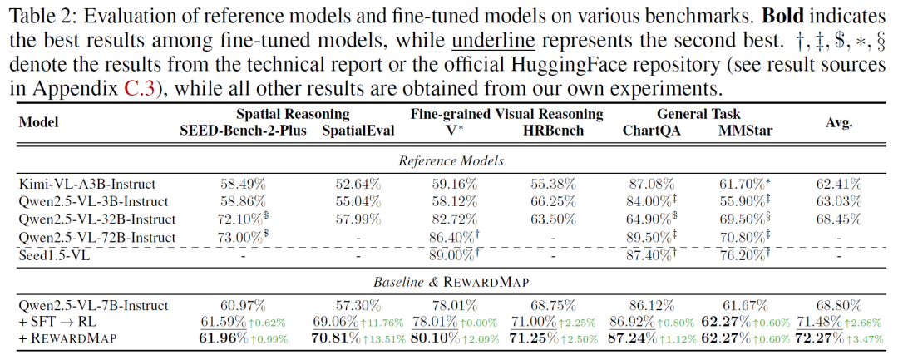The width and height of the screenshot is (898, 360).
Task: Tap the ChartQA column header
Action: pos(648,130)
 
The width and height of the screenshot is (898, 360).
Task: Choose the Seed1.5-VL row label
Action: pos(54,254)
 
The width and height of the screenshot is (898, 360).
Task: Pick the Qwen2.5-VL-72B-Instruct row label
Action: pos(96,237)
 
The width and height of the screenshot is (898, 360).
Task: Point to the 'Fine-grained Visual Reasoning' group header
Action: pos(500,114)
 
